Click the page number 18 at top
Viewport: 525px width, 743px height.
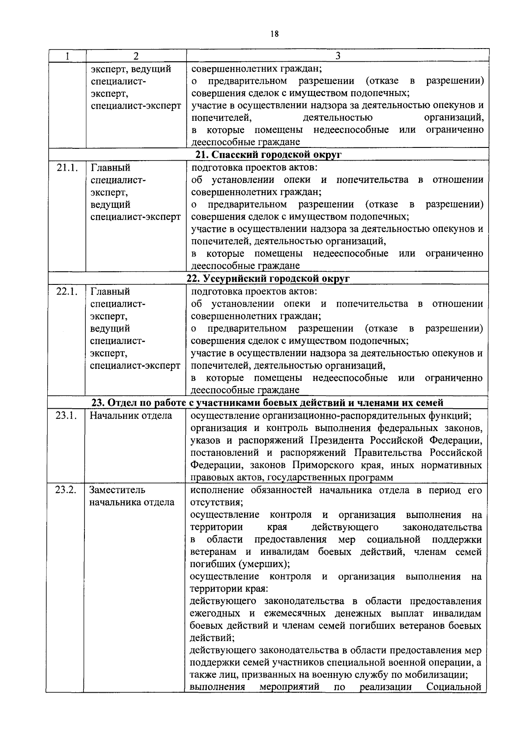tap(275, 34)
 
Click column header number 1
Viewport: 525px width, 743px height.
tap(67, 56)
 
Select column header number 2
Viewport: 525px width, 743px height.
tap(136, 56)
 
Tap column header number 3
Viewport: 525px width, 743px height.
tap(337, 56)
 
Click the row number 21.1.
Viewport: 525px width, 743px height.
tap(67, 168)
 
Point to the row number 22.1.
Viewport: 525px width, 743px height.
tap(67, 291)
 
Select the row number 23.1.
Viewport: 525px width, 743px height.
tap(66, 415)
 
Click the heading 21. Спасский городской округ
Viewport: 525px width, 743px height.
tap(268, 155)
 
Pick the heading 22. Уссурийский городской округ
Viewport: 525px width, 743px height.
tap(268, 279)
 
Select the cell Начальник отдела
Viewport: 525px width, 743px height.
tap(131, 415)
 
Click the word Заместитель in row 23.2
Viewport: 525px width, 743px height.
tap(117, 490)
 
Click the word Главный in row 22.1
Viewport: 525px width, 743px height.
tap(110, 291)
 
